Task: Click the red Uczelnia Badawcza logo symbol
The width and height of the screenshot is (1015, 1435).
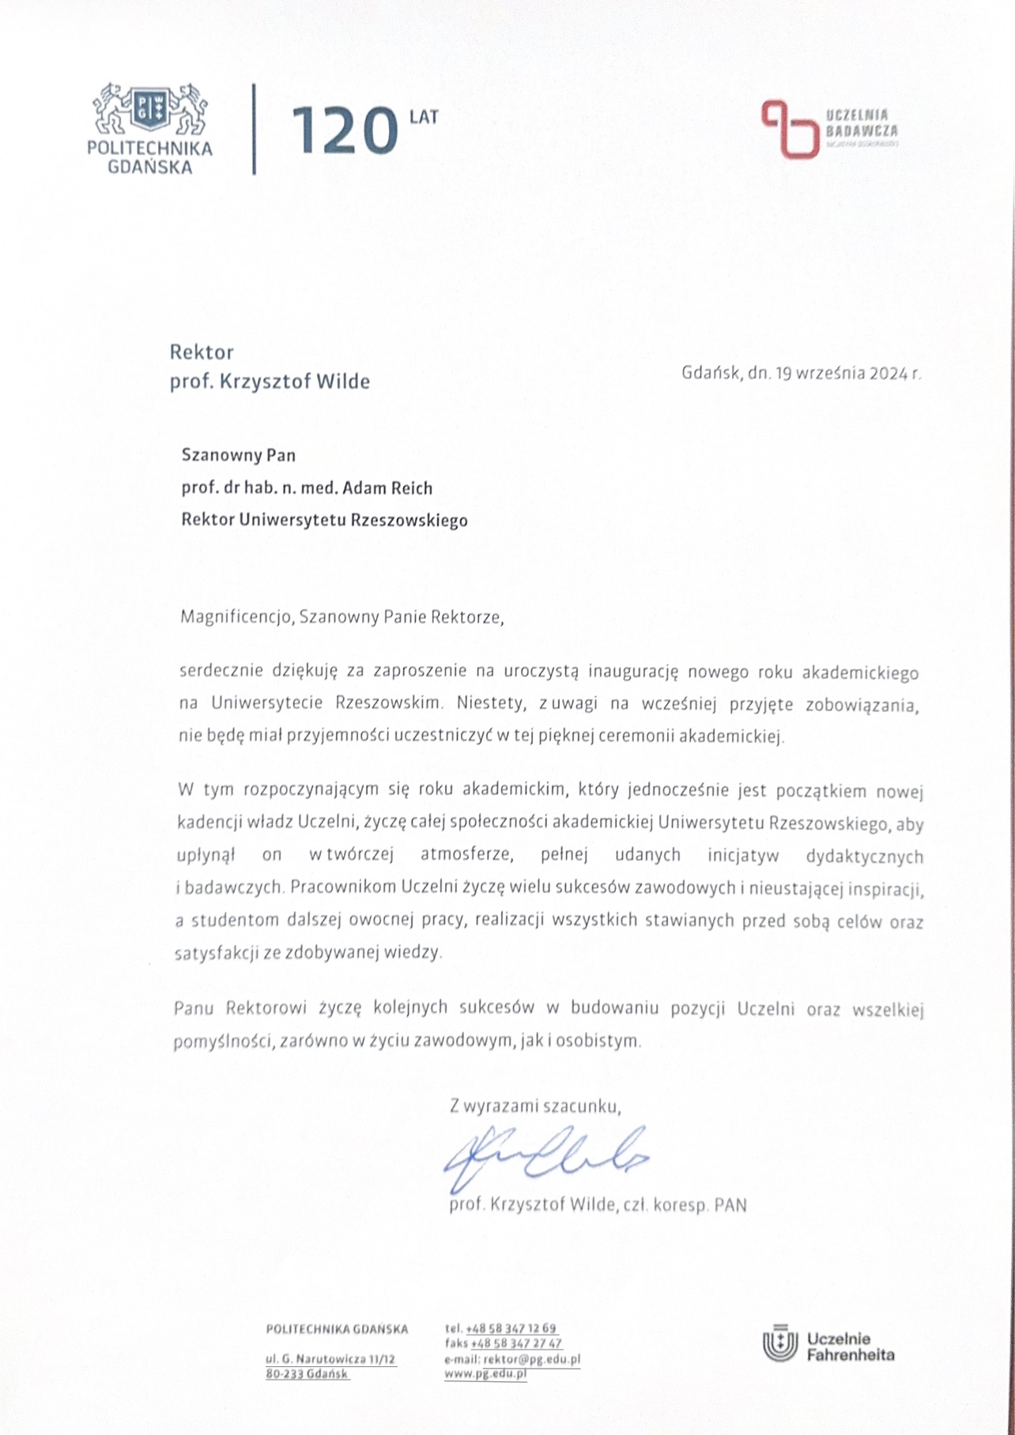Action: pos(788,128)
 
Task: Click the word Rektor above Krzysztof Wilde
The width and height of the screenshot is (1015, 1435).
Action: pos(202,352)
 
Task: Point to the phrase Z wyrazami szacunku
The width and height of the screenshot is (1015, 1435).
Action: pos(535,1106)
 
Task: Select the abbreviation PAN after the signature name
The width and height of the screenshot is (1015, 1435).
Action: pos(730,1205)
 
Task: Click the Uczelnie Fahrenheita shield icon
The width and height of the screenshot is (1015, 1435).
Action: pos(779,1346)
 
